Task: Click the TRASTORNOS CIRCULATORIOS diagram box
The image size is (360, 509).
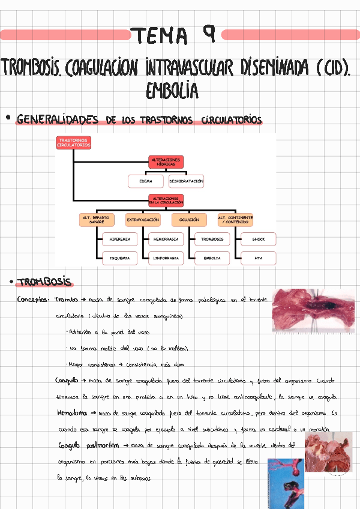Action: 74,143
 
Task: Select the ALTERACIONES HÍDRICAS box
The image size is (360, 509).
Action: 166,162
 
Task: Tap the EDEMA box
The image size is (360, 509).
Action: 146,181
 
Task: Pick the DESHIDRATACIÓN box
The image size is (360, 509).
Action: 187,181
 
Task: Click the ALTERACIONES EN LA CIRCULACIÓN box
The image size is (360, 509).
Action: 166,200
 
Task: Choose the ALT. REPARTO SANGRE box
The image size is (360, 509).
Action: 97,220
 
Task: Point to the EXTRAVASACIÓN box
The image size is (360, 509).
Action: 143,220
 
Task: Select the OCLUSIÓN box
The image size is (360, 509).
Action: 189,220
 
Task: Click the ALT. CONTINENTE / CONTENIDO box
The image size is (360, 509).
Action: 235,220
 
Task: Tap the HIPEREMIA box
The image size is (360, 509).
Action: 119,239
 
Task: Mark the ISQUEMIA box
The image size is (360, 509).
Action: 119,258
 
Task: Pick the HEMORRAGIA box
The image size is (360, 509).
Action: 166,239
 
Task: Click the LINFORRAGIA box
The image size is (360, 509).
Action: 166,258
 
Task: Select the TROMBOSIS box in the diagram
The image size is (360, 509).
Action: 212,239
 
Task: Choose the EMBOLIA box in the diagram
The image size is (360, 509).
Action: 212,258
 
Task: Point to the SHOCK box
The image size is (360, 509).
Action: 259,239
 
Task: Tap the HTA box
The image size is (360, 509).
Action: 259,258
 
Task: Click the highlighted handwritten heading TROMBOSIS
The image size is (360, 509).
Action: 44,282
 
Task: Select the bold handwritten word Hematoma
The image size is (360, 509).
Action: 71,413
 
